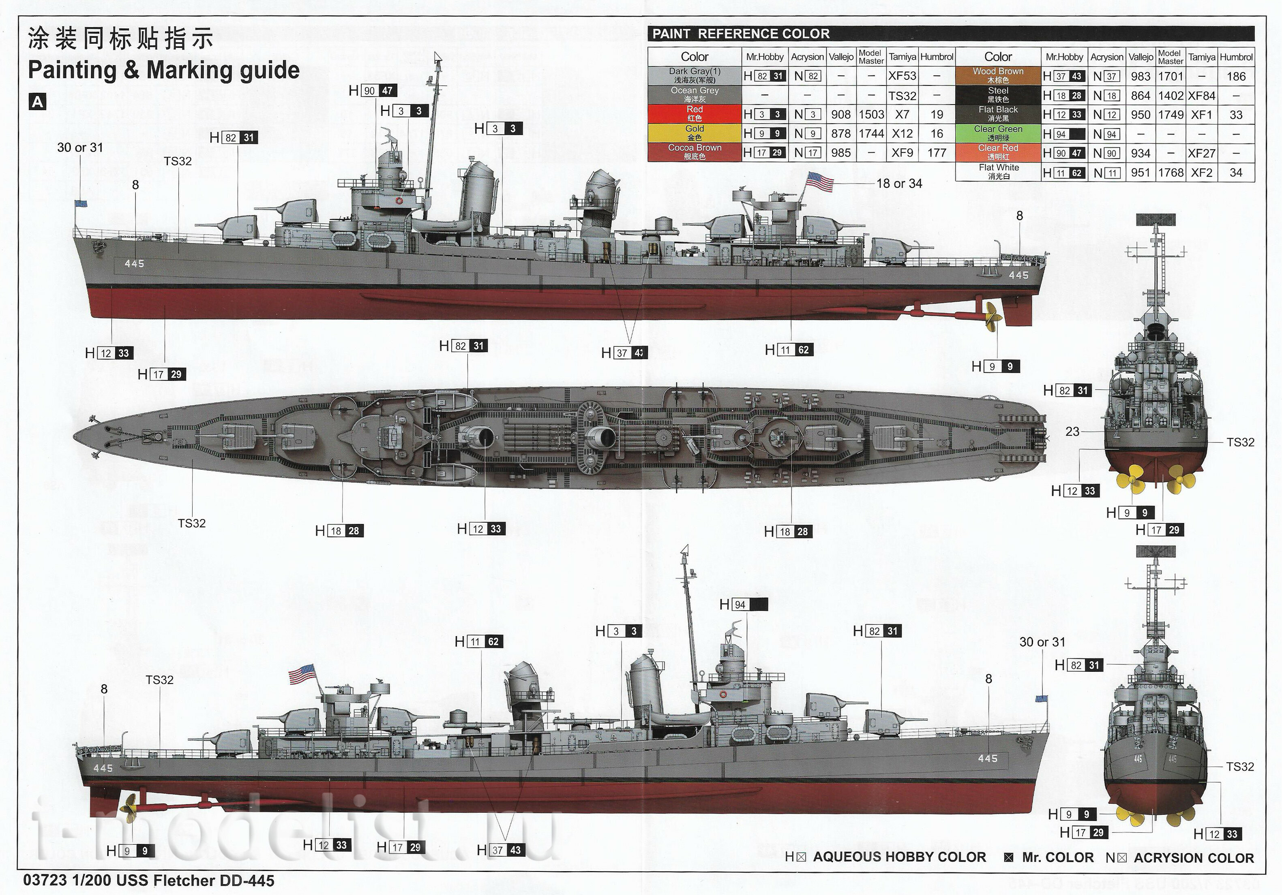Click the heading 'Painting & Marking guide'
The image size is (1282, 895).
(164, 71)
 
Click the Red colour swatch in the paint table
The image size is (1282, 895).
(695, 114)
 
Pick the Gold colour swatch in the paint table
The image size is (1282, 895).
(695, 133)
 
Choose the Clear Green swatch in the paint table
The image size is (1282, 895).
(998, 133)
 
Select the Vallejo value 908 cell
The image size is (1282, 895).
(841, 114)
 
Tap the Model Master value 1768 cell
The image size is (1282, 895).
(1171, 173)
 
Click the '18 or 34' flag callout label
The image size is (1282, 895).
(899, 184)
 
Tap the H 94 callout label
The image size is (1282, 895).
(743, 604)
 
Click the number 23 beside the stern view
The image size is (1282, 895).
(1072, 431)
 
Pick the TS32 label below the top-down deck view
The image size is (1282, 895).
(191, 523)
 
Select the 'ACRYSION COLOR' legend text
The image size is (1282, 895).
(1194, 858)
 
